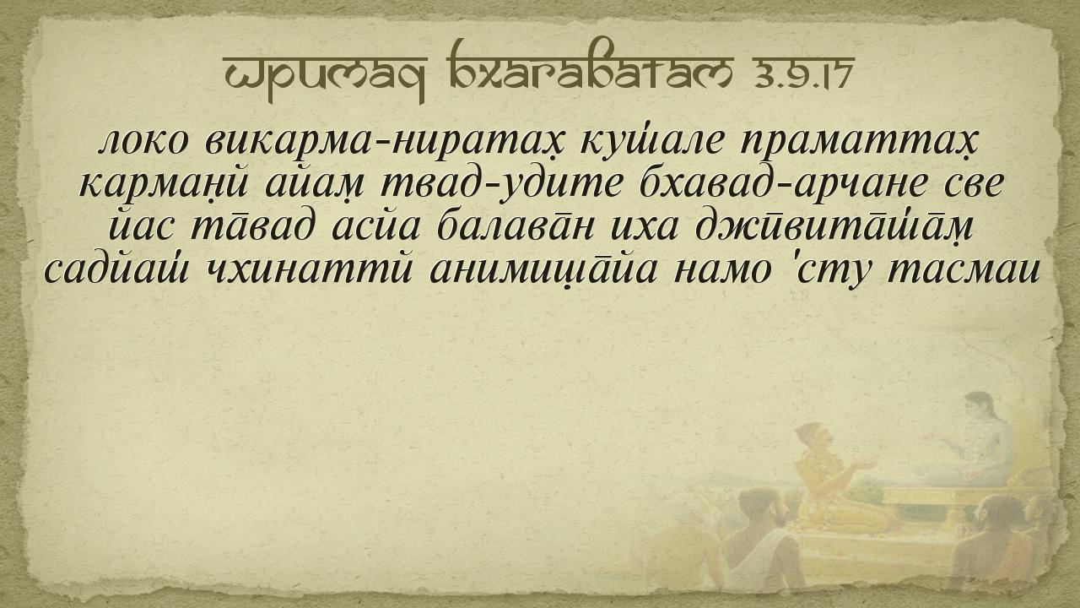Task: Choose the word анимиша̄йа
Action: click(543, 270)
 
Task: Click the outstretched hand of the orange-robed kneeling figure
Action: click(863, 465)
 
